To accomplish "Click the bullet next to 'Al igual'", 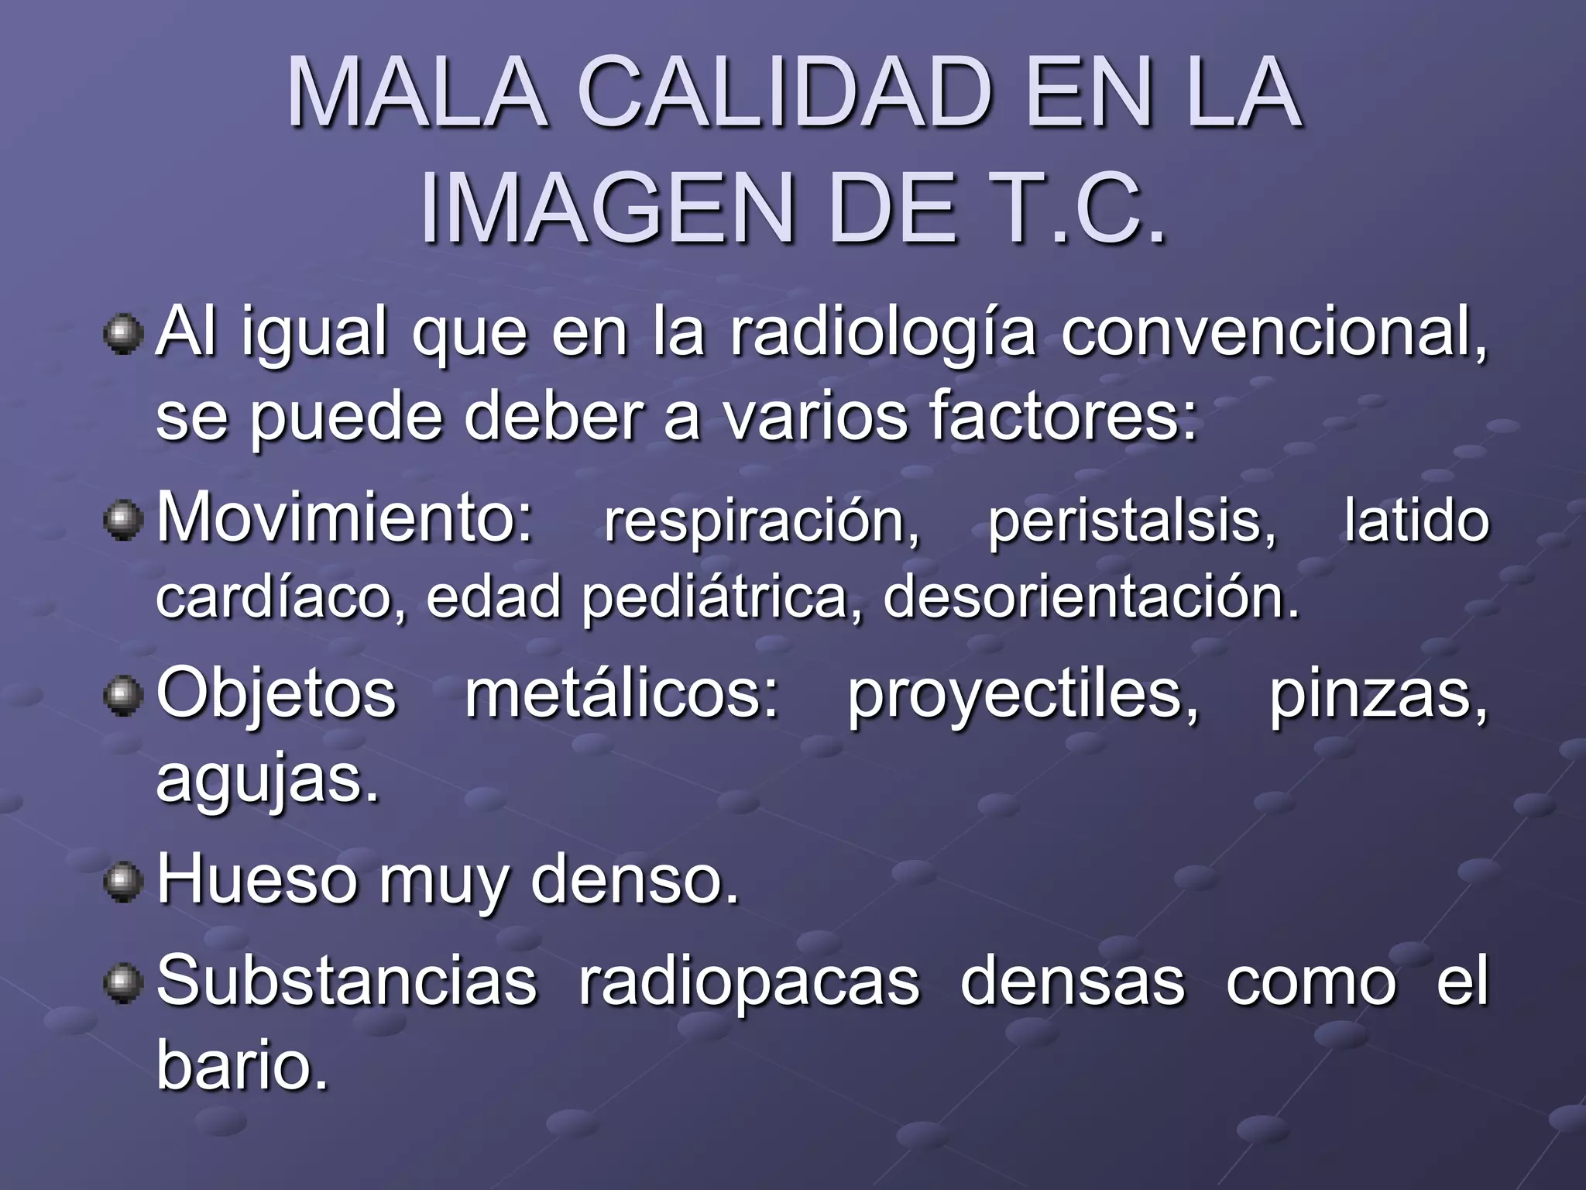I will click(x=123, y=335).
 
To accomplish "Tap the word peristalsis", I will click(x=1131, y=521).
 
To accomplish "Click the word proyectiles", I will click(x=1022, y=696).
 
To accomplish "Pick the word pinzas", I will click(x=1378, y=696).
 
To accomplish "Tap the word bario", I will click(x=242, y=1064).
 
